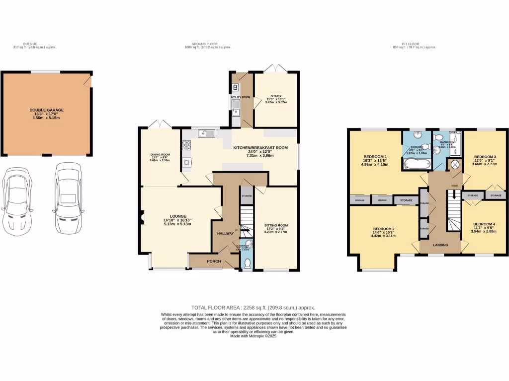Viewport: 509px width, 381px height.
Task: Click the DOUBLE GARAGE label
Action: (46, 110)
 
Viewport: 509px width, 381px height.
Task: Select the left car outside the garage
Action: (16, 199)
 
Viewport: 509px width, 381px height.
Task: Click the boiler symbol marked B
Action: (235, 88)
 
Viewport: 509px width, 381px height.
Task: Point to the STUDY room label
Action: (276, 96)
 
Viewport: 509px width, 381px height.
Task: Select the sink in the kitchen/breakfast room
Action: (205, 133)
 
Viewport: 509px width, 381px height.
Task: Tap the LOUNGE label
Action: (178, 216)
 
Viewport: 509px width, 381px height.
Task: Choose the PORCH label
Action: (214, 261)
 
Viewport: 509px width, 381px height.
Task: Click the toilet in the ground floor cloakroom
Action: (247, 263)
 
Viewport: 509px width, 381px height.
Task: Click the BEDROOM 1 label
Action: (375, 157)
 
